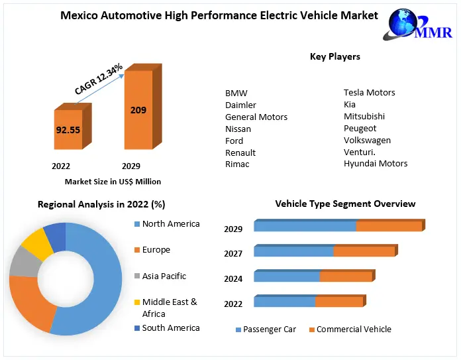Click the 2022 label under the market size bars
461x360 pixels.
point(61,166)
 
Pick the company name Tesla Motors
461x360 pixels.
point(369,93)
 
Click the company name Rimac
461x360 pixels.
point(237,164)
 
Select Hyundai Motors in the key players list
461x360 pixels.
point(375,163)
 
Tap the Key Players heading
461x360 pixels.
point(335,57)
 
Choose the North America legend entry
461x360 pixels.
point(170,224)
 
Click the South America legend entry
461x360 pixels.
point(170,328)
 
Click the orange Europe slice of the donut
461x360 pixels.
point(30,302)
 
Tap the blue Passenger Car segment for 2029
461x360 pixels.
point(305,227)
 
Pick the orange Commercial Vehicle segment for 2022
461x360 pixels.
point(338,302)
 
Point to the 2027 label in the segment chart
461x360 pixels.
point(233,254)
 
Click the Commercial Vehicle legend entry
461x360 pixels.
point(353,330)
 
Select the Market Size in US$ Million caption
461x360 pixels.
point(113,182)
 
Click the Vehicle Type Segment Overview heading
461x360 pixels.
point(345,204)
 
